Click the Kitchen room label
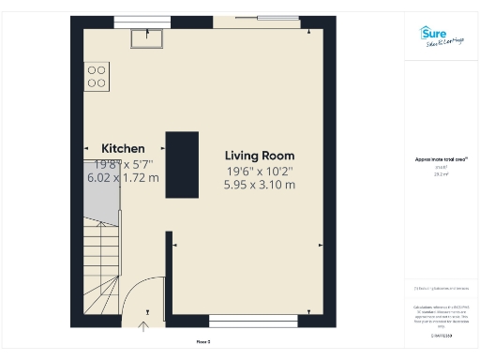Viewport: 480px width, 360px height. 123,148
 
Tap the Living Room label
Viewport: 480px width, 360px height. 260,156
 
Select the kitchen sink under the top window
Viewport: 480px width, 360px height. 148,37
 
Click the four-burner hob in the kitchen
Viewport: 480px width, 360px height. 96,76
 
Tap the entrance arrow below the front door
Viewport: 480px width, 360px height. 143,327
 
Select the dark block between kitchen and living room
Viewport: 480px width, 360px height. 182,164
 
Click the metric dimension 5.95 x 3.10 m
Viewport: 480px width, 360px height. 260,185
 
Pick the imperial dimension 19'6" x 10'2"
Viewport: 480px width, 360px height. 260,171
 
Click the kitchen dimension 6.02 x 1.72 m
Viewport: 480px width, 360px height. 123,177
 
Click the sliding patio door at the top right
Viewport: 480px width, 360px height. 260,19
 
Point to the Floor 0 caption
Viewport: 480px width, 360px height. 203,341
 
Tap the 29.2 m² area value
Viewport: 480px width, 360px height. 440,174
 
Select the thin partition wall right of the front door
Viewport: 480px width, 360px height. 169,277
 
